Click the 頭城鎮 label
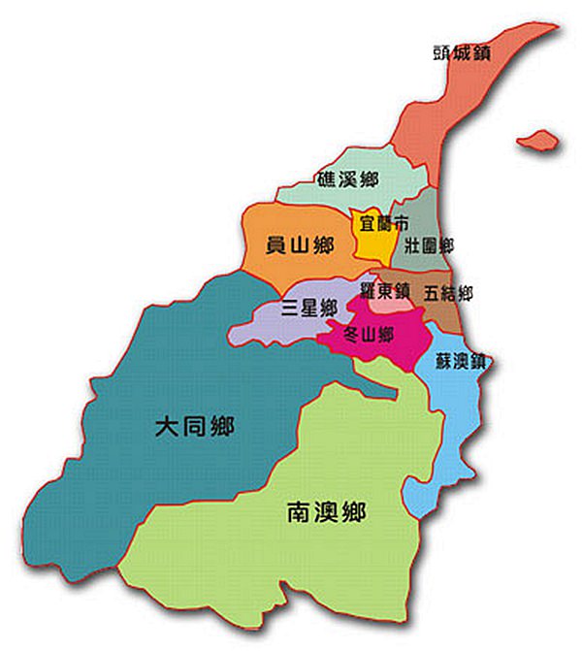click(x=461, y=52)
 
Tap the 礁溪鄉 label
click(x=346, y=179)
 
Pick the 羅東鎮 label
click(x=386, y=289)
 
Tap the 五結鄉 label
click(x=448, y=292)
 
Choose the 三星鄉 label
click(x=307, y=308)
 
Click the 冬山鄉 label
click(x=370, y=335)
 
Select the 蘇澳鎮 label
click(x=461, y=362)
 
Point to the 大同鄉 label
click(x=195, y=427)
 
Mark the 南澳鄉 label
click(x=326, y=511)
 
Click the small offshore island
click(x=538, y=142)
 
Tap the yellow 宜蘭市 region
click(x=369, y=243)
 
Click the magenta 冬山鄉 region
click(x=403, y=330)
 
